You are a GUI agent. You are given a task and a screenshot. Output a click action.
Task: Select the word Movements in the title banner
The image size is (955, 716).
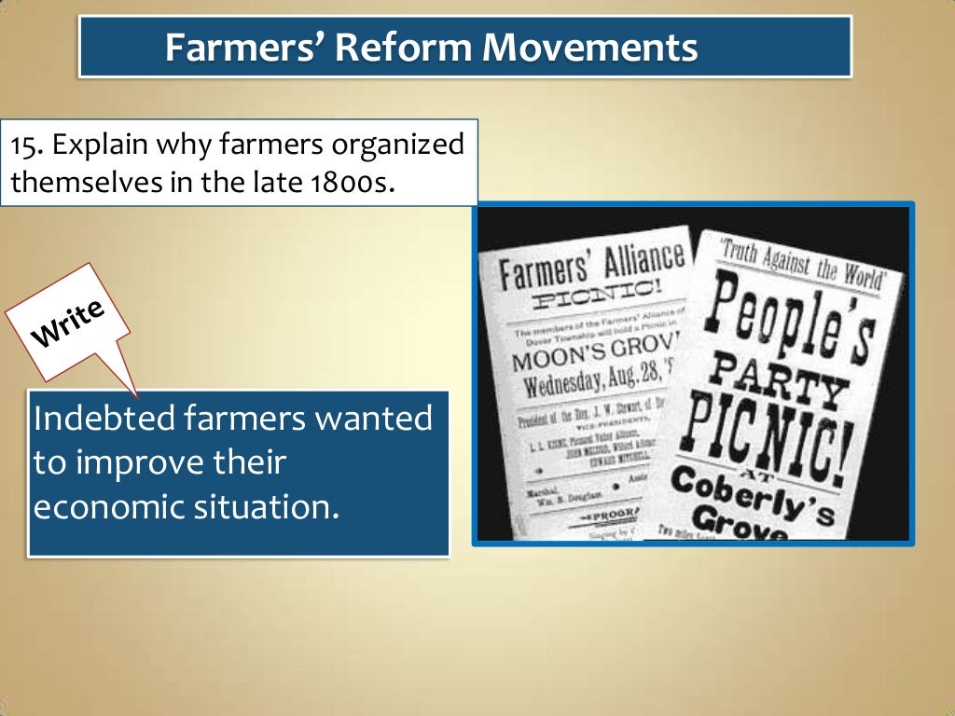tap(589, 47)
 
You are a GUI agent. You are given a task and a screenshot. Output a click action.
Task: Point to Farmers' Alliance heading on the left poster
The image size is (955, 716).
tap(591, 266)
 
